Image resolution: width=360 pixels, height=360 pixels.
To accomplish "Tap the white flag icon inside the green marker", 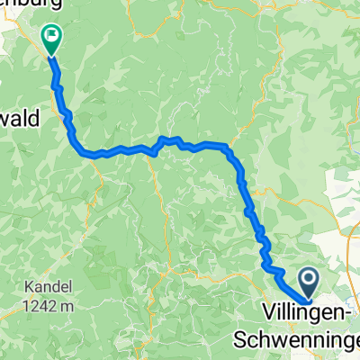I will (52, 36).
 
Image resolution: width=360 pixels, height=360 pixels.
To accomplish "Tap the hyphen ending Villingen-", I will (346, 318).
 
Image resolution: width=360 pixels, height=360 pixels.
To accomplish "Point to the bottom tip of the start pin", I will (308, 301).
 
